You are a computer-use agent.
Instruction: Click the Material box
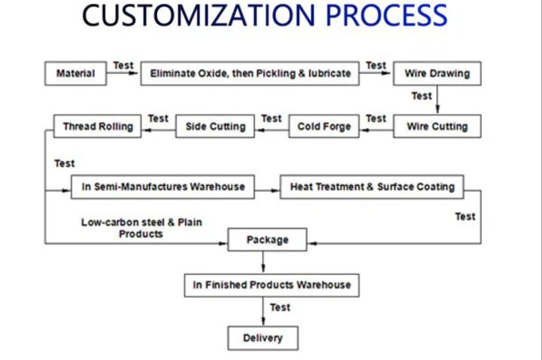click(76, 74)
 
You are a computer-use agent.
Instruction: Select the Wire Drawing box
click(437, 74)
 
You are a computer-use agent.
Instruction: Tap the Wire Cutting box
click(437, 126)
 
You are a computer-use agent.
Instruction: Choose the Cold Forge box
click(324, 126)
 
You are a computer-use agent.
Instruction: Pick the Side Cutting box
click(215, 126)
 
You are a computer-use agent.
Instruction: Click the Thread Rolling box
click(97, 126)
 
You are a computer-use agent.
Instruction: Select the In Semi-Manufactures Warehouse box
click(163, 186)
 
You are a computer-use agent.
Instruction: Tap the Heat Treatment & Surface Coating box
click(372, 186)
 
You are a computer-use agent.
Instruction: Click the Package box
click(267, 240)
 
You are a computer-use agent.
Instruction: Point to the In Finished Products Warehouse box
click(272, 285)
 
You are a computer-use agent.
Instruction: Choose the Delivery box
click(263, 338)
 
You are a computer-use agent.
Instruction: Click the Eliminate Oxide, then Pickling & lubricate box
click(250, 74)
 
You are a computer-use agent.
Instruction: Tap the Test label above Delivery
click(280, 308)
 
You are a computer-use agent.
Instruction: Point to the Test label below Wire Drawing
click(421, 96)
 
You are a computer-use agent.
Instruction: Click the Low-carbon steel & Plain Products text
click(141, 228)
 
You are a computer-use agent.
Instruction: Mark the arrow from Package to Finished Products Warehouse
click(263, 262)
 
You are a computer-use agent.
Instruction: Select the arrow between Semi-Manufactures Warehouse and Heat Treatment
click(267, 190)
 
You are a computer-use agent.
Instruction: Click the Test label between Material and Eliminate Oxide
click(123, 65)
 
